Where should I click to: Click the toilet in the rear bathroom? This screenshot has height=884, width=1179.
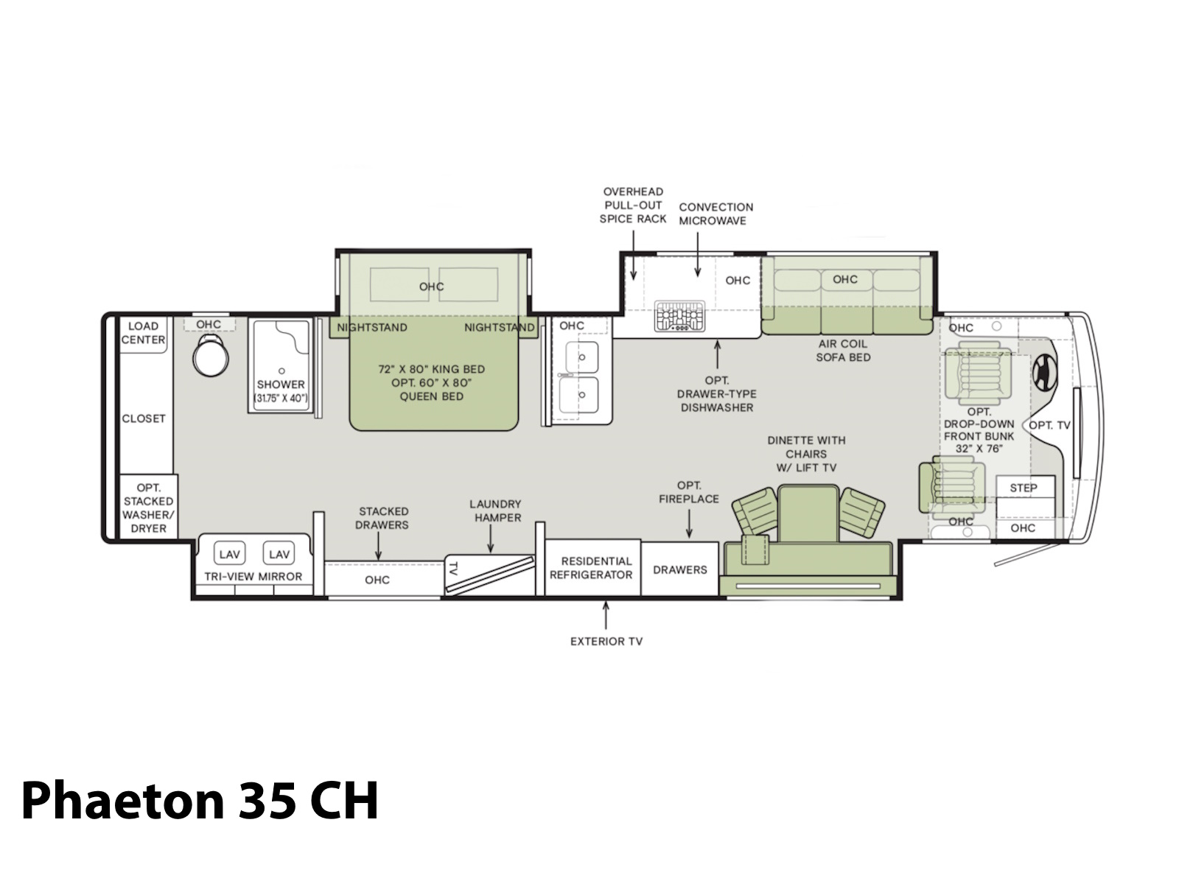(x=211, y=355)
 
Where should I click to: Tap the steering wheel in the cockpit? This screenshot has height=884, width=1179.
(x=1045, y=373)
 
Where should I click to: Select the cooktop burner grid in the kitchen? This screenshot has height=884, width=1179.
(x=679, y=315)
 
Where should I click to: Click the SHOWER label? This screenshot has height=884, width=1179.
(x=281, y=385)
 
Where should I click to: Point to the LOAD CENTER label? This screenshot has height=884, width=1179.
(x=143, y=333)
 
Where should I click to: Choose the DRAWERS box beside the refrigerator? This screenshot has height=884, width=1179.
(x=680, y=569)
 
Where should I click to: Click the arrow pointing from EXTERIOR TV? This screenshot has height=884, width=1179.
(x=606, y=615)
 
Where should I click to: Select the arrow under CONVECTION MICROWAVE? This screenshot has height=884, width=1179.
(x=698, y=254)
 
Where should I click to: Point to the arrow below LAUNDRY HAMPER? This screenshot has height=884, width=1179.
(x=491, y=539)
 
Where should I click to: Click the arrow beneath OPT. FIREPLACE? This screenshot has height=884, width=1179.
(x=689, y=523)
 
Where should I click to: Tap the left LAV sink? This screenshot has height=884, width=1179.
(x=229, y=553)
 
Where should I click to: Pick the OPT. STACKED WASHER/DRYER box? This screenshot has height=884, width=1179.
(x=149, y=508)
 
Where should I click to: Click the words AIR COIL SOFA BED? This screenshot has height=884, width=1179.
(x=843, y=351)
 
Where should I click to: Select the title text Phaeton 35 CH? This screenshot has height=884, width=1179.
(x=200, y=800)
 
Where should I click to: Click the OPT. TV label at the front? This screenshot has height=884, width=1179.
(x=1049, y=425)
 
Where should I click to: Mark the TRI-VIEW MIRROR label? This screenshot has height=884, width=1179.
(x=253, y=577)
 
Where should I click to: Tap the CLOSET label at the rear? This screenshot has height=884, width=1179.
(x=144, y=418)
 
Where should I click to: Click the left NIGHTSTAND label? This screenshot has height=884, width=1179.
(x=371, y=327)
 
